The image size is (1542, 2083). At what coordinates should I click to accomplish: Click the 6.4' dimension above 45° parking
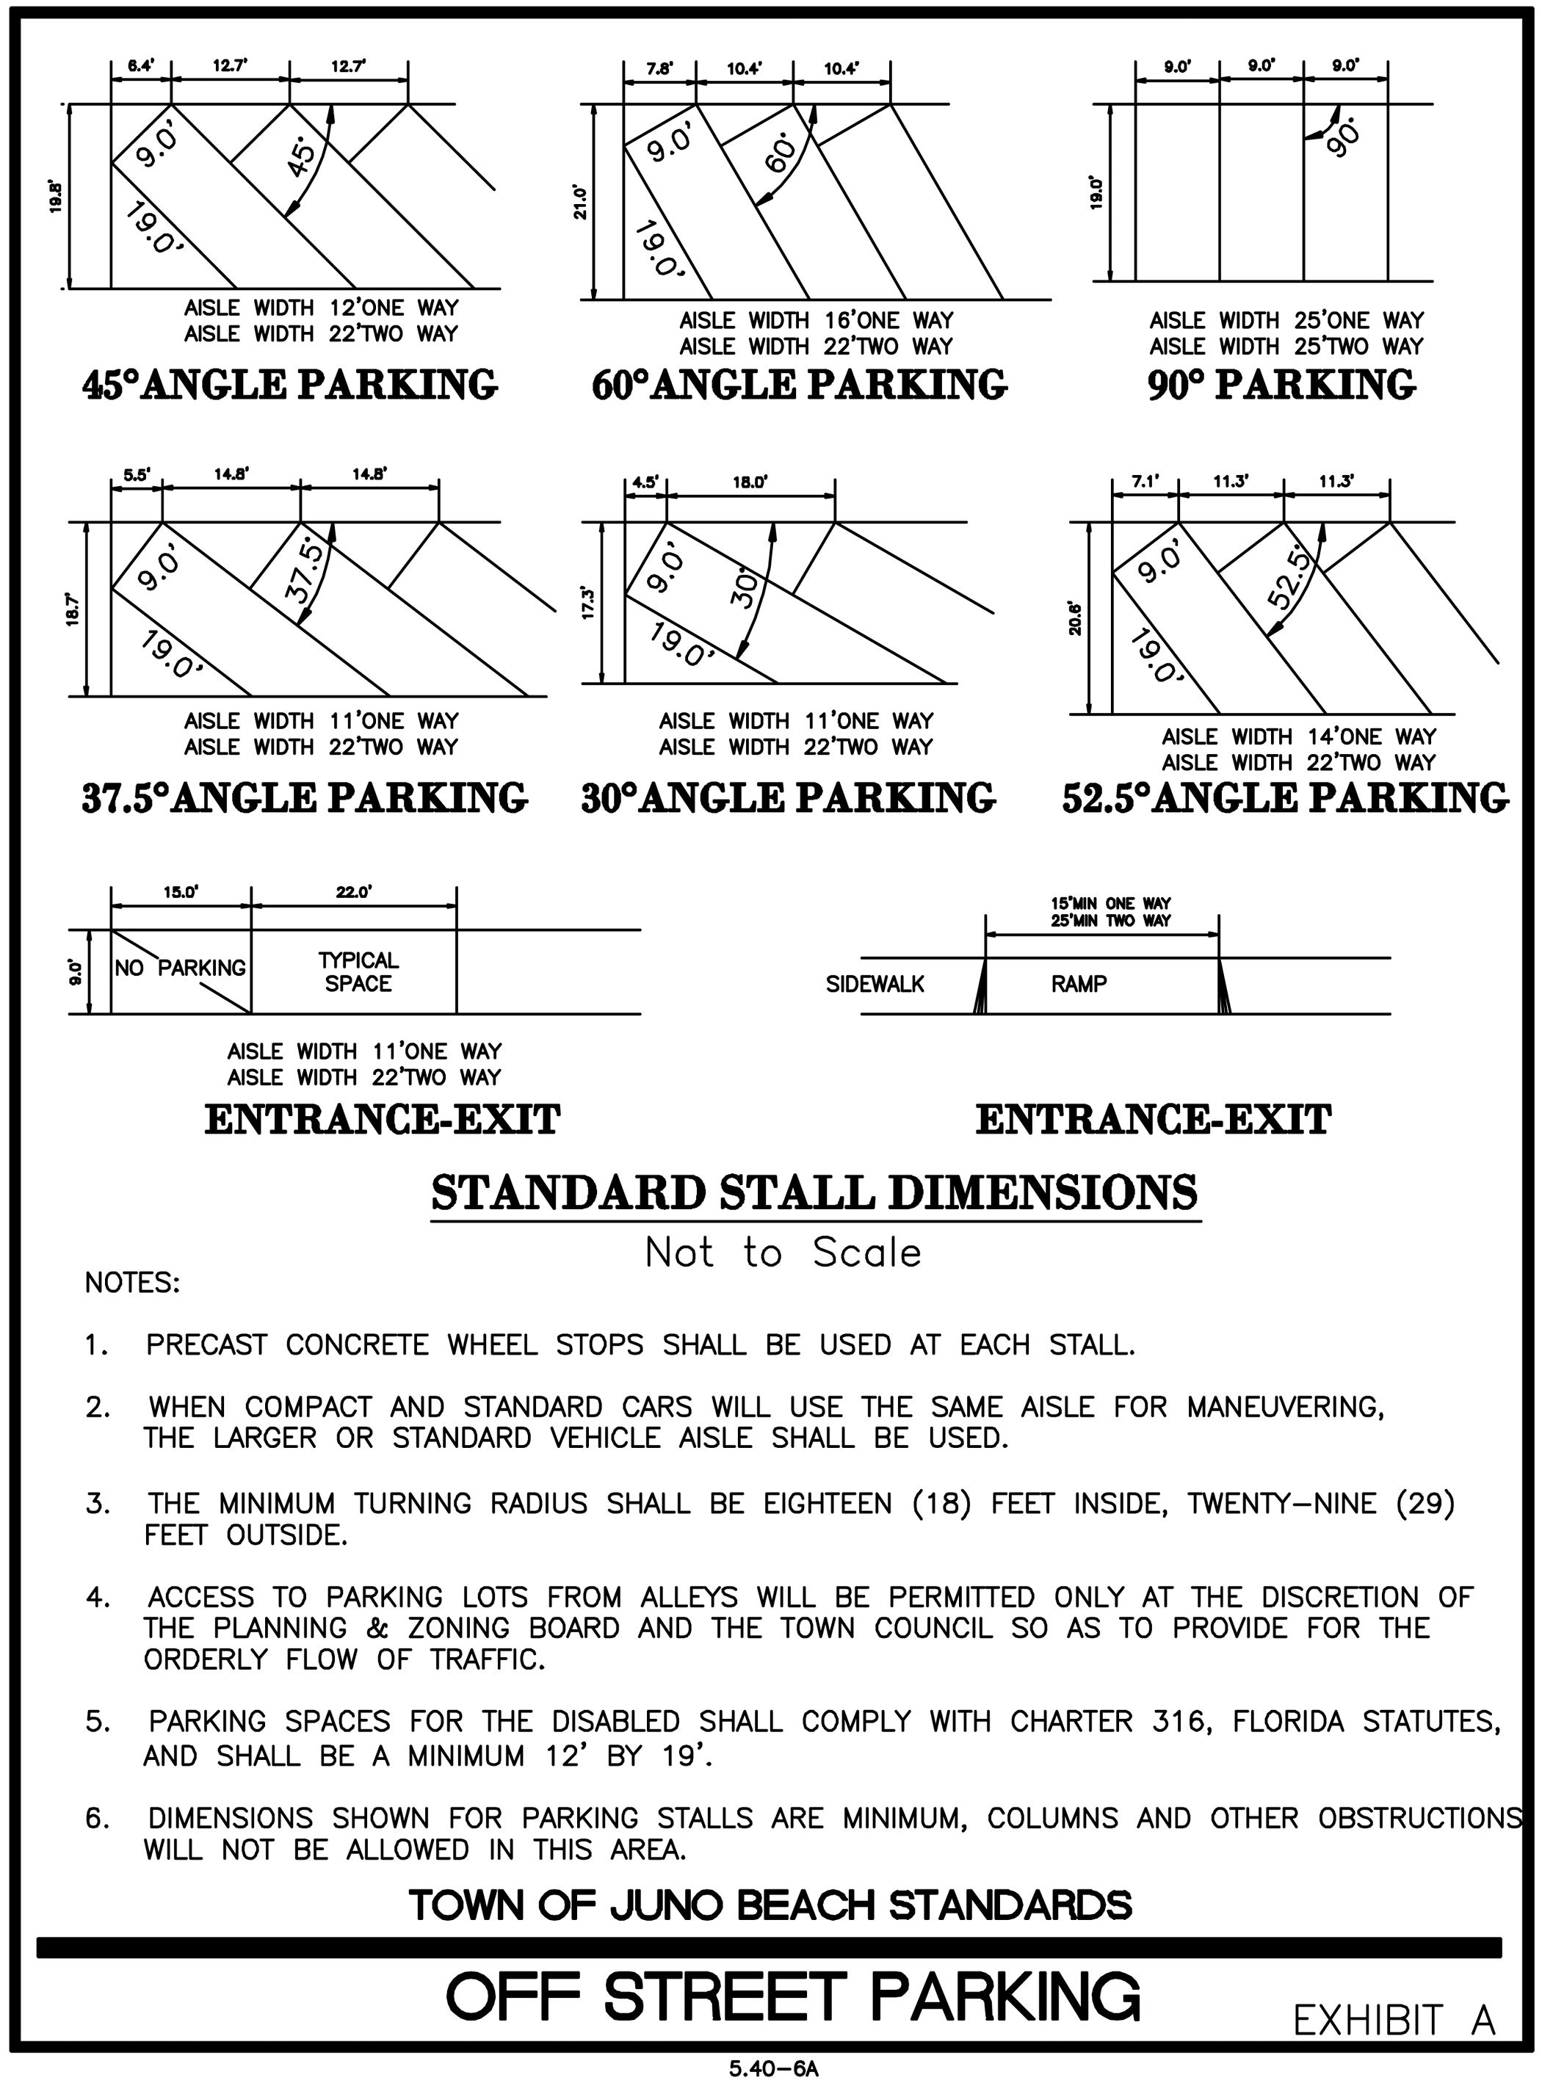click(x=141, y=65)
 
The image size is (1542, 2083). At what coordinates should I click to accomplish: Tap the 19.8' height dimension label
click(x=56, y=196)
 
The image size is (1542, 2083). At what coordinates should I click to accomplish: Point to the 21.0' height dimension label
click(x=581, y=202)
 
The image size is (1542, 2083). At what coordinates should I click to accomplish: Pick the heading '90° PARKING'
click(x=1281, y=385)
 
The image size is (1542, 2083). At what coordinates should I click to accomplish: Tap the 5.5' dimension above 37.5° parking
click(x=137, y=474)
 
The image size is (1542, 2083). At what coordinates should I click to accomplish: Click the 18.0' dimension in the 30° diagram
click(x=750, y=482)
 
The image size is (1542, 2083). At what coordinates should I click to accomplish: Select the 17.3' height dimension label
click(x=588, y=605)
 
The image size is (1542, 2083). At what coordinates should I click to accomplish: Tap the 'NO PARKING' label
click(x=180, y=968)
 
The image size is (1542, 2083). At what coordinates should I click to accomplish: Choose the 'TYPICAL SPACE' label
click(x=358, y=971)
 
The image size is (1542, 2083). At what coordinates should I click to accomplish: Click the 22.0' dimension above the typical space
click(x=354, y=892)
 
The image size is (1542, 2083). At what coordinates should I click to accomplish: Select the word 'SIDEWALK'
click(x=875, y=985)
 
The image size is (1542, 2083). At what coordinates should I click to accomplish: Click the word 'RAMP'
click(x=1078, y=985)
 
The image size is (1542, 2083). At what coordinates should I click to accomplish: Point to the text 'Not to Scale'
click(x=782, y=1253)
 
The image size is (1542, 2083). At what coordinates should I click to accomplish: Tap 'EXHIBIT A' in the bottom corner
click(x=1394, y=2021)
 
